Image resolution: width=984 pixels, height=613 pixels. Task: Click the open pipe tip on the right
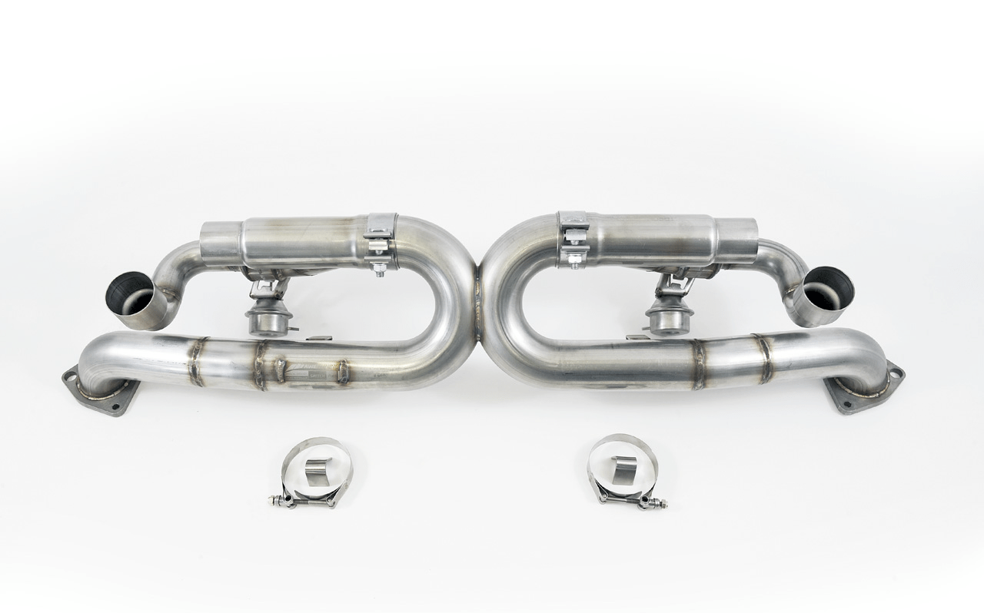(824, 294)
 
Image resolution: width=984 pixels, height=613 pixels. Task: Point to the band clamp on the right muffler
(573, 240)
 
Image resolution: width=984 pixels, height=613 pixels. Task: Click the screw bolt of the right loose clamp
(658, 503)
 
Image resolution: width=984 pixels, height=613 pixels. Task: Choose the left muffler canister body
(300, 244)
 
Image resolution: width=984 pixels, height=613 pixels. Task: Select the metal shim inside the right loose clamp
(624, 467)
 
